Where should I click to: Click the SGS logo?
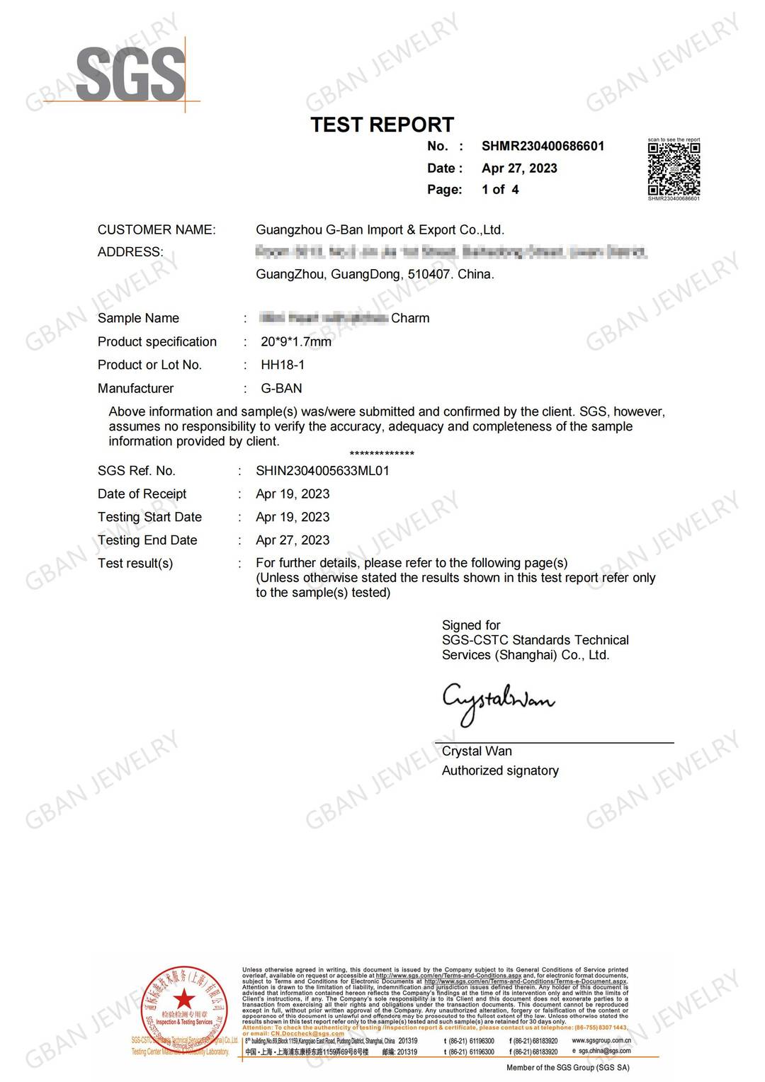130,73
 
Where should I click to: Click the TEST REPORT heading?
382,125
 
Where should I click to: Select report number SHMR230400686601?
543,147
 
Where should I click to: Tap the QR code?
674,169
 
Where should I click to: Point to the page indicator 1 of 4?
500,190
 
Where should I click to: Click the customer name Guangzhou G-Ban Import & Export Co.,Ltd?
380,230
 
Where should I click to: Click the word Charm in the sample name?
410,319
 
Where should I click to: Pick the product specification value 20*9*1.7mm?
296,342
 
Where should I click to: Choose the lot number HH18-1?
283,365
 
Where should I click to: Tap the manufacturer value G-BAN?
281,389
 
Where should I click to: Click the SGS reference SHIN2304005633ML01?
322,471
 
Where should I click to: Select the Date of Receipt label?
142,494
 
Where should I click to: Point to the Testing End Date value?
293,540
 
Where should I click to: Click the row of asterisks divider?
382,454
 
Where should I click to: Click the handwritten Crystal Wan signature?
497,702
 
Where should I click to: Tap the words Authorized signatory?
500,771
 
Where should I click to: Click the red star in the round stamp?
185,999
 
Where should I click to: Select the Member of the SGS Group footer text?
567,1068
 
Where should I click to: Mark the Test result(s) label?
135,564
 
